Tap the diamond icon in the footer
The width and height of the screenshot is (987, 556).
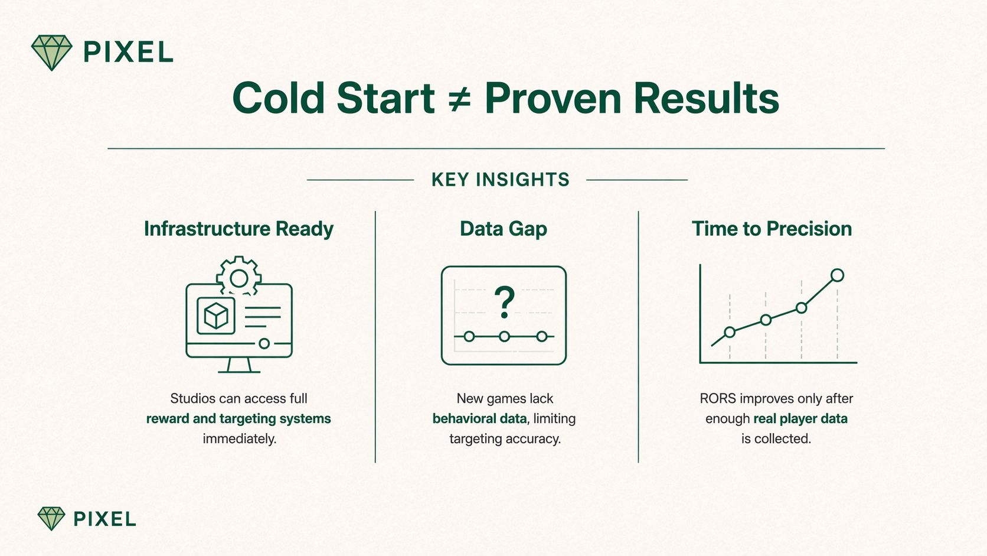[x=51, y=519]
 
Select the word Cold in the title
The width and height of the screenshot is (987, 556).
[x=279, y=98]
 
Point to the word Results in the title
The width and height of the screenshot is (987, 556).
[x=707, y=98]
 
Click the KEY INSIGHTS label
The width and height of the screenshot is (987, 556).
[x=501, y=180]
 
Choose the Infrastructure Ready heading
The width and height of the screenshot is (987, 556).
[x=239, y=229]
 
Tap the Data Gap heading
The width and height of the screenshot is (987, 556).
[x=504, y=229]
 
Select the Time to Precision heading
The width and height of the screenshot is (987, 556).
[x=772, y=229]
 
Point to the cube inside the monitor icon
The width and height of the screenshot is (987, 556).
[x=216, y=316]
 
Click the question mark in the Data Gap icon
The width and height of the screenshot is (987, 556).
[x=505, y=302]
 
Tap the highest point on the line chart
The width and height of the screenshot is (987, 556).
[x=837, y=275]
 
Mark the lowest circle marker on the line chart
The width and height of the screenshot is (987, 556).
[x=730, y=332]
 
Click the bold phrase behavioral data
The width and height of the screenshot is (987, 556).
[x=479, y=418]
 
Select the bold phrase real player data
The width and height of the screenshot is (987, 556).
[x=800, y=418]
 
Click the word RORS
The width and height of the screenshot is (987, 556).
[x=718, y=399]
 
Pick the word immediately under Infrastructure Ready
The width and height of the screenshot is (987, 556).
[x=239, y=439]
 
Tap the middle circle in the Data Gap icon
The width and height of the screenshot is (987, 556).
[x=505, y=337]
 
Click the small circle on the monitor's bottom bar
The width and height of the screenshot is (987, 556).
[x=264, y=343]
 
